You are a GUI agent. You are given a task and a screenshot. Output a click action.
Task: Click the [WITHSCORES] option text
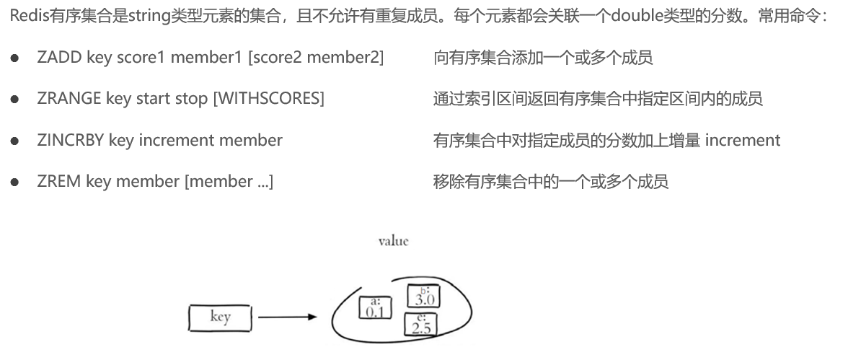pyautogui.click(x=268, y=99)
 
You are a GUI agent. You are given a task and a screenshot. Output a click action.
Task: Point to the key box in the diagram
pyautogui.click(x=220, y=317)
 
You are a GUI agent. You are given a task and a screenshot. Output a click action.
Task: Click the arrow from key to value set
pyautogui.click(x=287, y=317)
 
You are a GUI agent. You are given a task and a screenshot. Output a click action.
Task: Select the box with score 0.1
pyautogui.click(x=374, y=308)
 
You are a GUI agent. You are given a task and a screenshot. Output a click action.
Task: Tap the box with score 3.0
pyautogui.click(x=424, y=296)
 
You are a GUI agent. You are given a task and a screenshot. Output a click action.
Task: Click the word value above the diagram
pyautogui.click(x=393, y=241)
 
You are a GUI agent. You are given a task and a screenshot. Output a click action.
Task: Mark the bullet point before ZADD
pyautogui.click(x=14, y=58)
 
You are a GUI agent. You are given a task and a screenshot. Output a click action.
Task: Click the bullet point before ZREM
pyautogui.click(x=14, y=182)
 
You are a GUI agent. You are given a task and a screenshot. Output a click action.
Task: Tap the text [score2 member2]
pyautogui.click(x=315, y=58)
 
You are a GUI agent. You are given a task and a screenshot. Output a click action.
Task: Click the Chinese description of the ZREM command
pyautogui.click(x=550, y=181)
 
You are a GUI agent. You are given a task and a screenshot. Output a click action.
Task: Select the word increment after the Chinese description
pyautogui.click(x=742, y=140)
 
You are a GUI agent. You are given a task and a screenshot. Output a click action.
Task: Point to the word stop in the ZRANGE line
pyautogui.click(x=192, y=99)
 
